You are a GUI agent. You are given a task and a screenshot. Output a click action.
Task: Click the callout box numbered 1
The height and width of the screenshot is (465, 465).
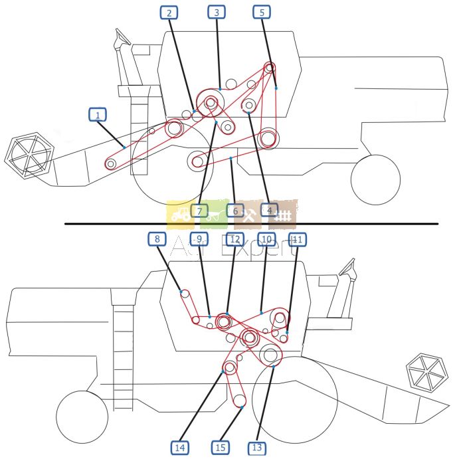pyautogui.click(x=98, y=115)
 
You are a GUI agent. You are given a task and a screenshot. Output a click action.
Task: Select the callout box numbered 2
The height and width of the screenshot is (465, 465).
pyautogui.click(x=169, y=12)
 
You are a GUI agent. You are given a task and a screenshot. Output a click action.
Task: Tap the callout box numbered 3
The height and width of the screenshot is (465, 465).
pyautogui.click(x=216, y=12)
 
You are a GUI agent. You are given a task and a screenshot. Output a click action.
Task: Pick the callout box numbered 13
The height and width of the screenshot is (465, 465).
pyautogui.click(x=257, y=448)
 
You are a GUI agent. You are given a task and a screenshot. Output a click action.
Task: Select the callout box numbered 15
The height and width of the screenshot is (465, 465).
pyautogui.click(x=221, y=448)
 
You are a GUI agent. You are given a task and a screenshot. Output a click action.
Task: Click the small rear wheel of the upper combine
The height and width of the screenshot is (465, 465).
pyautogui.click(x=375, y=179)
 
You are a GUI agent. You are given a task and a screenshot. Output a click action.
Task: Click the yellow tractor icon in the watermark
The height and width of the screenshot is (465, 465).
pyautogui.click(x=180, y=214)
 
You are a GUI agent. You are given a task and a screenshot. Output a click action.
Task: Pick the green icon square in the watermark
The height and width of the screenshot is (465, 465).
pyautogui.click(x=214, y=214)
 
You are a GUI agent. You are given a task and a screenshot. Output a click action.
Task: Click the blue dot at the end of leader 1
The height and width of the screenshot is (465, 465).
pyautogui.click(x=124, y=147)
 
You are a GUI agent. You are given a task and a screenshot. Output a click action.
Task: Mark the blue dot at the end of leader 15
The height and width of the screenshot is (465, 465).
pyautogui.click(x=242, y=407)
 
